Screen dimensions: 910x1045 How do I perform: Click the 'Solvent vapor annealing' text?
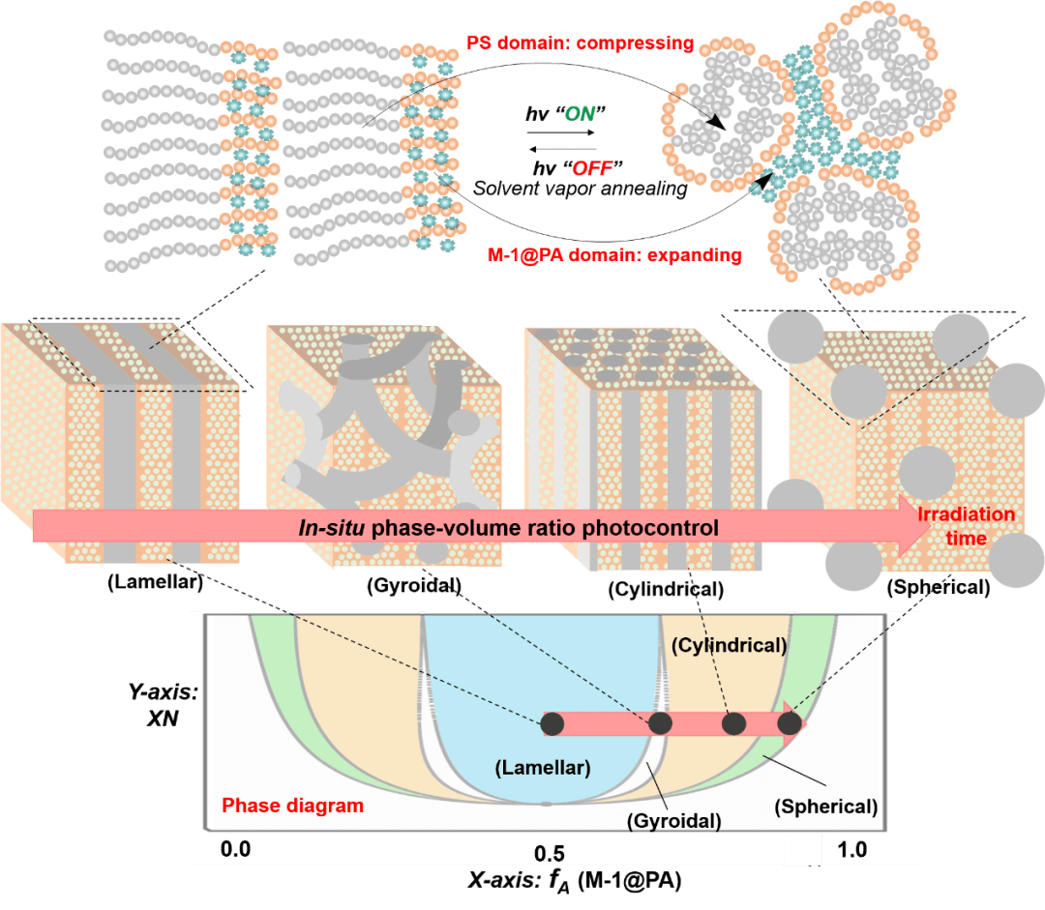tap(581, 190)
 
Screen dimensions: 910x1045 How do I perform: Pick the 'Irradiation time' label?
tap(966, 525)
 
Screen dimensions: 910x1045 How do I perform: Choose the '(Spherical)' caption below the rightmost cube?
tap(938, 587)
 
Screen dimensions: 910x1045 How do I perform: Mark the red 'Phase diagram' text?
tap(292, 806)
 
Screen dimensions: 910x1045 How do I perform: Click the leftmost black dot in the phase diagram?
tap(552, 722)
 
